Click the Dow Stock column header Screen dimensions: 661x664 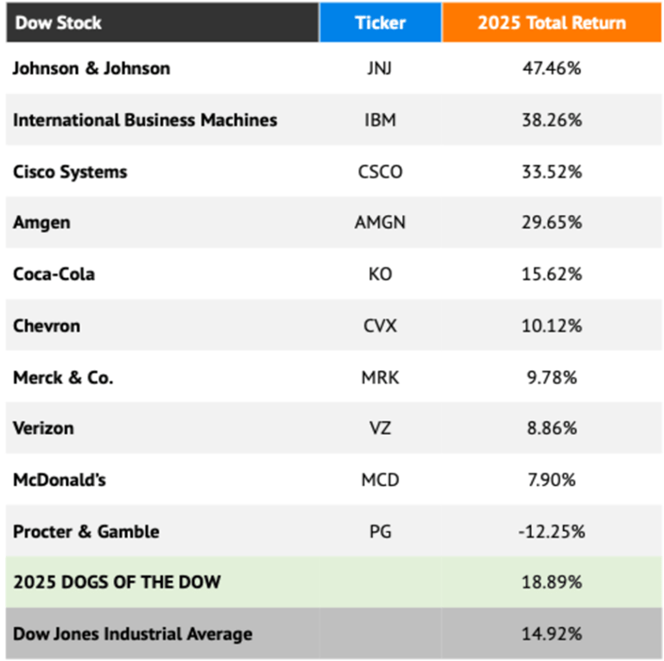click(x=58, y=22)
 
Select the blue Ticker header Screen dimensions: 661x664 click(x=380, y=22)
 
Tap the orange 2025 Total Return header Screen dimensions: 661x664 click(x=552, y=22)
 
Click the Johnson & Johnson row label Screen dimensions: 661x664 click(x=91, y=68)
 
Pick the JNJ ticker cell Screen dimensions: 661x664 click(x=379, y=68)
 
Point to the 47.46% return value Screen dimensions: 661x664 click(x=551, y=68)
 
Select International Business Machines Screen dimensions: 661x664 click(x=145, y=120)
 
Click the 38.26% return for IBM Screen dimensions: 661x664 click(x=551, y=120)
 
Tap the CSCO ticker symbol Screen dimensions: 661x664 click(x=380, y=172)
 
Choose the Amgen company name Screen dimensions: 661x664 click(x=41, y=223)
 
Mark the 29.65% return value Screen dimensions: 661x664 click(x=551, y=223)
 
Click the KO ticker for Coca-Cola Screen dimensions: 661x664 click(x=380, y=274)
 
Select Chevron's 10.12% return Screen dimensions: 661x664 click(x=551, y=326)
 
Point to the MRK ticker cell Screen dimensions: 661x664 click(x=380, y=377)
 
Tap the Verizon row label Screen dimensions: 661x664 click(x=43, y=428)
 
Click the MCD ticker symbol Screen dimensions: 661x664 click(x=380, y=480)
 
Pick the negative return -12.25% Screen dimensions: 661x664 click(x=551, y=532)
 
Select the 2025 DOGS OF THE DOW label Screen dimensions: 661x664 click(x=117, y=582)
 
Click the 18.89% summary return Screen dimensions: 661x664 click(x=551, y=582)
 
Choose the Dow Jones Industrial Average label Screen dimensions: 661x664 click(x=132, y=633)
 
